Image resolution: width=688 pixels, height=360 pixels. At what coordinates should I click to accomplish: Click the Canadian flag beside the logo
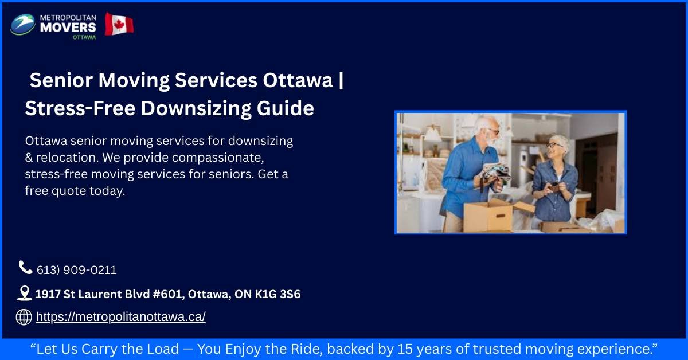click(119, 24)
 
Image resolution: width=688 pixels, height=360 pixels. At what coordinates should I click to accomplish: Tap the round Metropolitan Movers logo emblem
click(23, 25)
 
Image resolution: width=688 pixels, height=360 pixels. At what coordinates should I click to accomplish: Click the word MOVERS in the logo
click(68, 26)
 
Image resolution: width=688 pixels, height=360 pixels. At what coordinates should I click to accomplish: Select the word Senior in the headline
click(61, 81)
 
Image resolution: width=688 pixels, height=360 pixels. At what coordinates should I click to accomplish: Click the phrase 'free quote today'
click(75, 191)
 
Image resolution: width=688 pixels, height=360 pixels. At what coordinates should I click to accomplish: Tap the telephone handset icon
click(25, 267)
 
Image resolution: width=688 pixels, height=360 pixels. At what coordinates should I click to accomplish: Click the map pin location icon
click(24, 294)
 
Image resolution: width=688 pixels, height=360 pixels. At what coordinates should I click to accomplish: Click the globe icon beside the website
click(24, 317)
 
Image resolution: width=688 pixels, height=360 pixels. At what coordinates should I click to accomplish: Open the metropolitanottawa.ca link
click(120, 317)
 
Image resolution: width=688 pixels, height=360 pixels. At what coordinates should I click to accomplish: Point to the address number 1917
click(48, 294)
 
